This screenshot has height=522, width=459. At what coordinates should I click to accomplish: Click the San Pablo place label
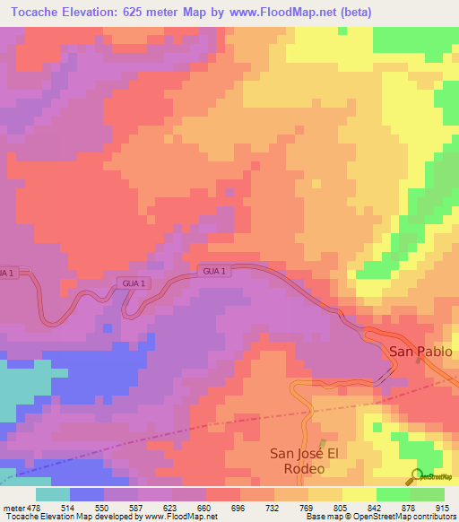[420, 352]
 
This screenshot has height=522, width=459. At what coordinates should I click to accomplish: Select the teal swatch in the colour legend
[53, 494]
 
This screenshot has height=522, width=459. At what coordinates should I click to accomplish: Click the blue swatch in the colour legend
[87, 494]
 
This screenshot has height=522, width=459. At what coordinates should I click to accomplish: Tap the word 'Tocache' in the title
[36, 12]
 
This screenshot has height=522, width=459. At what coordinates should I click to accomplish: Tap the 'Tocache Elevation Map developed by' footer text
[66, 517]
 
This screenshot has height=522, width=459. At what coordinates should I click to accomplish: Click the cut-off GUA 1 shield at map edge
[7, 272]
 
